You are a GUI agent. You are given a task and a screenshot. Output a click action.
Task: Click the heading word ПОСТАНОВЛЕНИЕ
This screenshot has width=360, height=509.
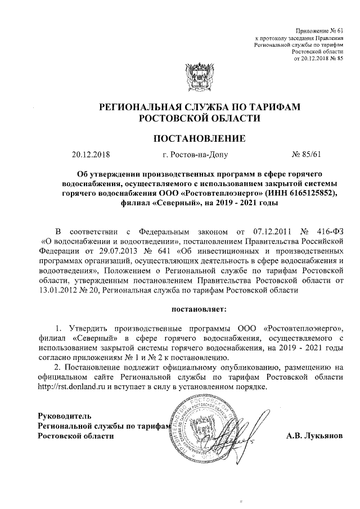(200, 137)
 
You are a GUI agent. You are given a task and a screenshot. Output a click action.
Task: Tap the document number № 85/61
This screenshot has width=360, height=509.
(307, 154)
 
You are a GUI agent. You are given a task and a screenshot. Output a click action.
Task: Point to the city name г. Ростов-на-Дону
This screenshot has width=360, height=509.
(194, 154)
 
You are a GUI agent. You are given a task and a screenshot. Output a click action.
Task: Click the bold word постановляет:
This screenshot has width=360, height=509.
(200, 309)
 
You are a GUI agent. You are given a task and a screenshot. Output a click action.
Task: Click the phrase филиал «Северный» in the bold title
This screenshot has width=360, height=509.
(156, 202)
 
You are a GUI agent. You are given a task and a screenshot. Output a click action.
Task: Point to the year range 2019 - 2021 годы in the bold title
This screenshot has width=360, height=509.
(250, 202)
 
